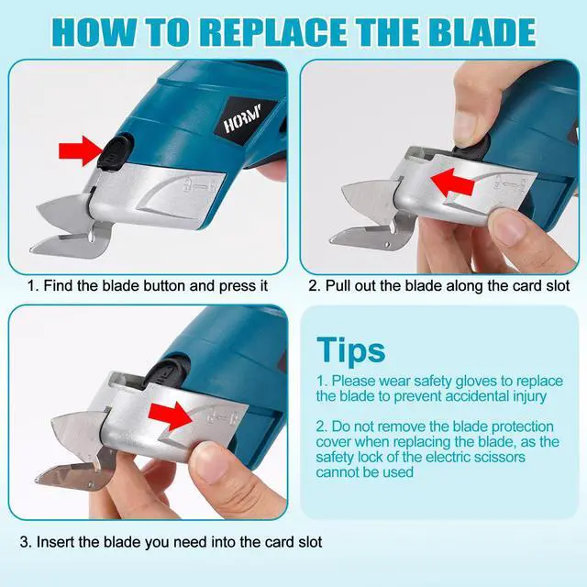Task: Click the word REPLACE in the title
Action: click(272, 32)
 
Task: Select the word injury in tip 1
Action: click(522, 395)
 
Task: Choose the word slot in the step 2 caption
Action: click(555, 286)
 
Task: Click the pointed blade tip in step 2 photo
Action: click(346, 195)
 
